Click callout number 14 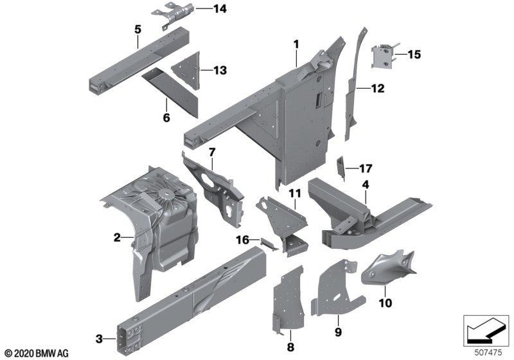coord(202,9)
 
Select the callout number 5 coord(137,29)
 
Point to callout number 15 coord(414,55)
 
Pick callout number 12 coord(377,89)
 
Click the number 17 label coord(366,169)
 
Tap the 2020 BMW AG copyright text coord(36,353)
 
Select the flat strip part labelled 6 coord(166,87)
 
